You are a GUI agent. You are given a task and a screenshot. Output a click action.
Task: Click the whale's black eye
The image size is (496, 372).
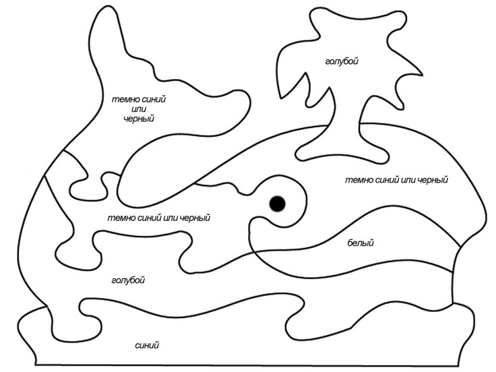coord(277,204)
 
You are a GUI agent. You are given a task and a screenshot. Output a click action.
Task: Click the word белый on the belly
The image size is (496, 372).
coord(361,243)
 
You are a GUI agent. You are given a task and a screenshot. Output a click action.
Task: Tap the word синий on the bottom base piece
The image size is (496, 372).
coord(147,345)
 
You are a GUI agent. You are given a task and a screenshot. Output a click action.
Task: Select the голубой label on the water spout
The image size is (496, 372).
coord(342,61)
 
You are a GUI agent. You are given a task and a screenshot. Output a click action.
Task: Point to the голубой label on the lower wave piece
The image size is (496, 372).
coord(128,280)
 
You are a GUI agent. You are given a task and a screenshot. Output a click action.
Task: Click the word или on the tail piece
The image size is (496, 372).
coord(139,109)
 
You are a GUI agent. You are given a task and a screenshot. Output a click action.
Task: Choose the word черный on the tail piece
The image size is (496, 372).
coord(139,119)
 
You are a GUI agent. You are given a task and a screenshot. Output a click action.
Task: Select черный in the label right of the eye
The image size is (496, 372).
coord(433,181)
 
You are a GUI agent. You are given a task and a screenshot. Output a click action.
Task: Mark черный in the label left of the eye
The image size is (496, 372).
coord(195,218)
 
